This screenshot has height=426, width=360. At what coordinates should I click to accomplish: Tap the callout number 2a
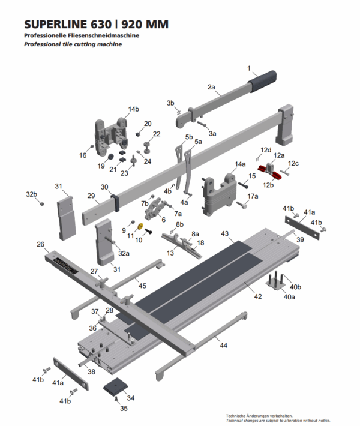[x=211, y=87]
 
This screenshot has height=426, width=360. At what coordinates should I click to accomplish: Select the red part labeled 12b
[x=268, y=173]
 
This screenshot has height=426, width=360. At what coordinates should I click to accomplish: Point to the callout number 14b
[x=133, y=109]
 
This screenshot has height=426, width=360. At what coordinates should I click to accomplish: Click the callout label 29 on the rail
[x=92, y=196]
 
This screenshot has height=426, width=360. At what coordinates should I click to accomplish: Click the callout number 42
[x=257, y=296]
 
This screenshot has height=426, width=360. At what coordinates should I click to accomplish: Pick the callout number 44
[x=223, y=346]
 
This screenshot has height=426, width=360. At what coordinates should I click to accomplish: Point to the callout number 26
[x=40, y=244]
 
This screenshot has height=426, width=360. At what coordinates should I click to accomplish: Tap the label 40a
[x=289, y=296]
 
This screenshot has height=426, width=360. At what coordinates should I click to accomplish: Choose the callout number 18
[x=200, y=242]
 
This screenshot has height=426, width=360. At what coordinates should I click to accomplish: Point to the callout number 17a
[x=253, y=196]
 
